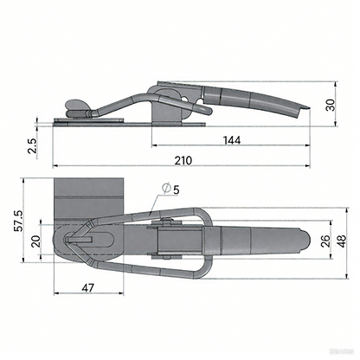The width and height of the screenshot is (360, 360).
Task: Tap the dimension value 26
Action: (325, 241)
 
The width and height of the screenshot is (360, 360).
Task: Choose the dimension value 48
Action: (343, 241)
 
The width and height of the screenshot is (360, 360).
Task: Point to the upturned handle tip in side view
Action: (302, 107)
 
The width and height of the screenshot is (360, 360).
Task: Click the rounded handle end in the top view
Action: (299, 241)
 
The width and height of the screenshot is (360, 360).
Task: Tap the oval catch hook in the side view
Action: (76, 106)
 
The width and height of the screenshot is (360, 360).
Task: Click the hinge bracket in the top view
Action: (164, 241)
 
